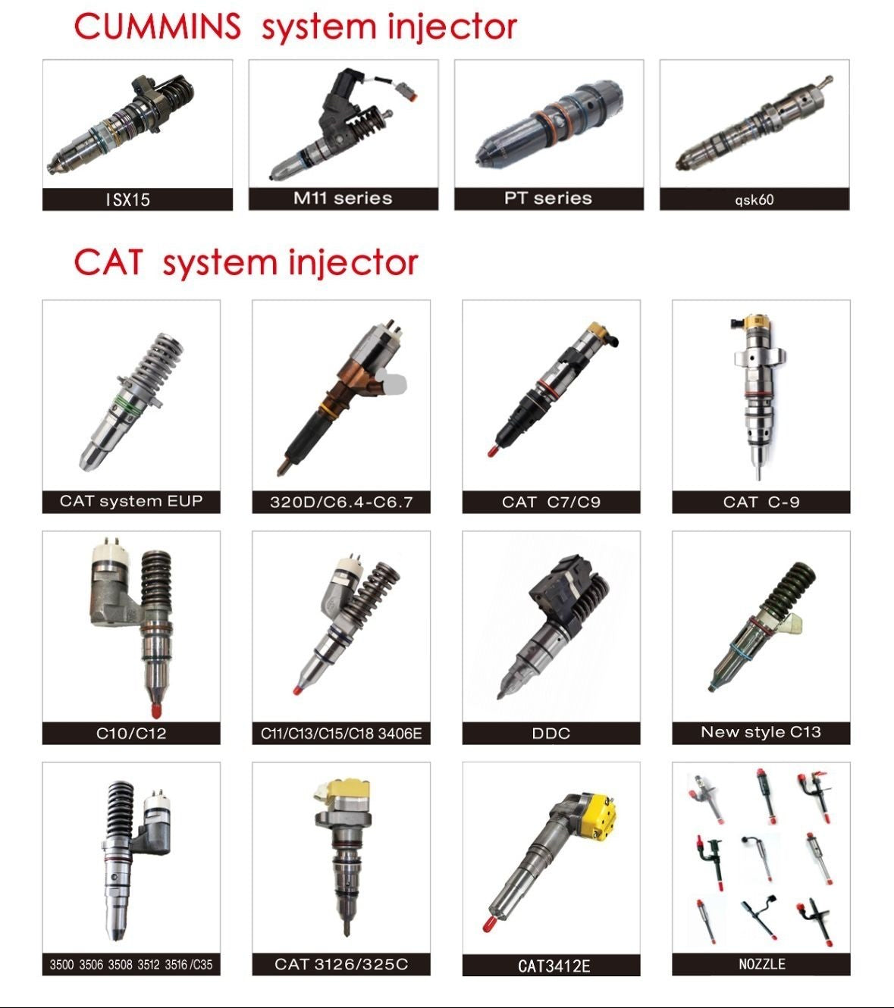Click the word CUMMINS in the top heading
[157, 26]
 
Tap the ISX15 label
[128, 199]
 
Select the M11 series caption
[343, 198]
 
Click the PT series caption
[548, 198]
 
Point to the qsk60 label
[754, 200]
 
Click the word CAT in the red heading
[108, 261]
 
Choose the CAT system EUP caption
[131, 500]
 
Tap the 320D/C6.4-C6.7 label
[341, 502]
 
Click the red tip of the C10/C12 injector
[155, 710]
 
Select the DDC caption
[551, 733]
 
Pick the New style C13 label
[761, 732]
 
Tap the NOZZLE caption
[761, 964]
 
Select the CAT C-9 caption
[761, 502]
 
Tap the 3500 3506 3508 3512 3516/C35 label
[131, 964]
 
